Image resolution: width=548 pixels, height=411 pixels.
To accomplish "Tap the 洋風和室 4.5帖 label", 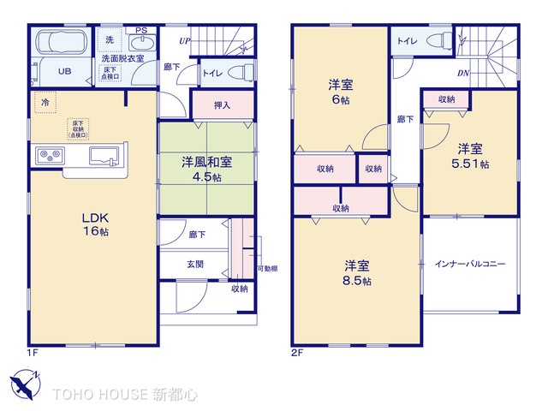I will pyautogui.click(x=206, y=169).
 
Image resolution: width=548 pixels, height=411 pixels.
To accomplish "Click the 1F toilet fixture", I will pyautogui.click(x=243, y=72).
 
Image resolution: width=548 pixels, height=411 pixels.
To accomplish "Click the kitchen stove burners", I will pyautogui.click(x=49, y=156).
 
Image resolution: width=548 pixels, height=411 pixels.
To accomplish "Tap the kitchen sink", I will pyautogui.click(x=105, y=158).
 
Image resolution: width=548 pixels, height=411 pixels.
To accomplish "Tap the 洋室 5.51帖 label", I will pyautogui.click(x=471, y=154).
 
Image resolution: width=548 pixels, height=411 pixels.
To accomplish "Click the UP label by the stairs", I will pyautogui.click(x=185, y=40).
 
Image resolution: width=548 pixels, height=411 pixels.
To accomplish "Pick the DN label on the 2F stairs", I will pyautogui.click(x=462, y=74).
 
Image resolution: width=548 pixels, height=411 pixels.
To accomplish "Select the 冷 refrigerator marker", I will pyautogui.click(x=44, y=102).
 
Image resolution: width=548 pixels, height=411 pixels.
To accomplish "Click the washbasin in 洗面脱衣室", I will pyautogui.click(x=142, y=44).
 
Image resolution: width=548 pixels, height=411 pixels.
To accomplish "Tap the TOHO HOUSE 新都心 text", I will pyautogui.click(x=123, y=395).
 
